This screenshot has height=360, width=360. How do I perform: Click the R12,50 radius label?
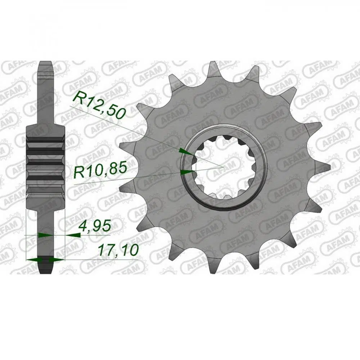click(x=100, y=105)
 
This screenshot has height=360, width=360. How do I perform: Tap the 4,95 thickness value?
click(x=95, y=226)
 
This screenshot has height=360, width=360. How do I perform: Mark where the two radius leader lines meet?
click(x=223, y=167)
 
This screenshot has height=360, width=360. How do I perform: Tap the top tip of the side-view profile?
click(x=46, y=61)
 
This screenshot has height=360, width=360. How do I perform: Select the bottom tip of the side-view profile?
click(x=46, y=273)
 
